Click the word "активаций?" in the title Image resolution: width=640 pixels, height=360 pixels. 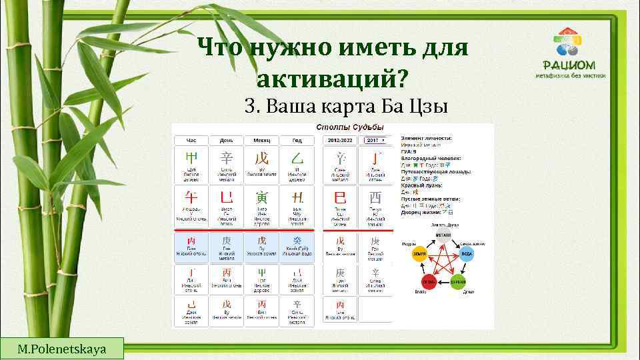pos(331,79)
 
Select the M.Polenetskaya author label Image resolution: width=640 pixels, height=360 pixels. pos(62,349)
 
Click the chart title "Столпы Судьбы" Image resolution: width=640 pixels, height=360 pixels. pos(340,127)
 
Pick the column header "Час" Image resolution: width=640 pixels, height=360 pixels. pos(191,141)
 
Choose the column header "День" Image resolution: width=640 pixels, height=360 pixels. pos(226,141)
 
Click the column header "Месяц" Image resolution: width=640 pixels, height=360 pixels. pos(261,141)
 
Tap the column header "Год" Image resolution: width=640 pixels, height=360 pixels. pos(295,141)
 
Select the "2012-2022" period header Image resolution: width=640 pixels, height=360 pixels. pos(340,141)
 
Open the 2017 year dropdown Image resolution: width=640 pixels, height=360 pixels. pos(375,141)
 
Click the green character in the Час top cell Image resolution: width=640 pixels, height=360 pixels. pos(191,159)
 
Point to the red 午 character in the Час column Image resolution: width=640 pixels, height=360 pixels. pos(191,197)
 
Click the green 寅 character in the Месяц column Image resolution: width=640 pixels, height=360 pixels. pos(261,197)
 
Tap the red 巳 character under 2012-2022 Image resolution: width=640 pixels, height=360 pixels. pos(340,197)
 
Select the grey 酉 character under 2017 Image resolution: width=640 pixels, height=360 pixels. pos(375,197)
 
